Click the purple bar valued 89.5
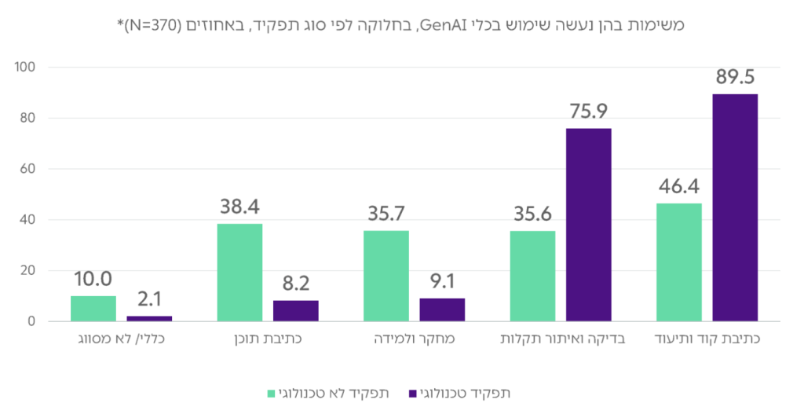tap(735, 207)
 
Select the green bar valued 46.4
tap(678, 262)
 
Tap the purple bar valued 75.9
tap(588, 225)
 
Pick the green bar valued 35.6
tap(532, 276)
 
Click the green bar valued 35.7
tap(386, 276)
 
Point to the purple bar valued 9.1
tap(442, 310)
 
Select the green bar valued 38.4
tap(239, 273)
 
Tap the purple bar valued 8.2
tap(296, 310)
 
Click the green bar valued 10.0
tap(93, 308)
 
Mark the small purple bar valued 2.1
tap(149, 318)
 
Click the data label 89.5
tap(735, 78)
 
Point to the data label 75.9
tap(588, 112)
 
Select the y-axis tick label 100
tap(26, 68)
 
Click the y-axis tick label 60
tap(29, 169)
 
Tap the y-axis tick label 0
tap(32, 321)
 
